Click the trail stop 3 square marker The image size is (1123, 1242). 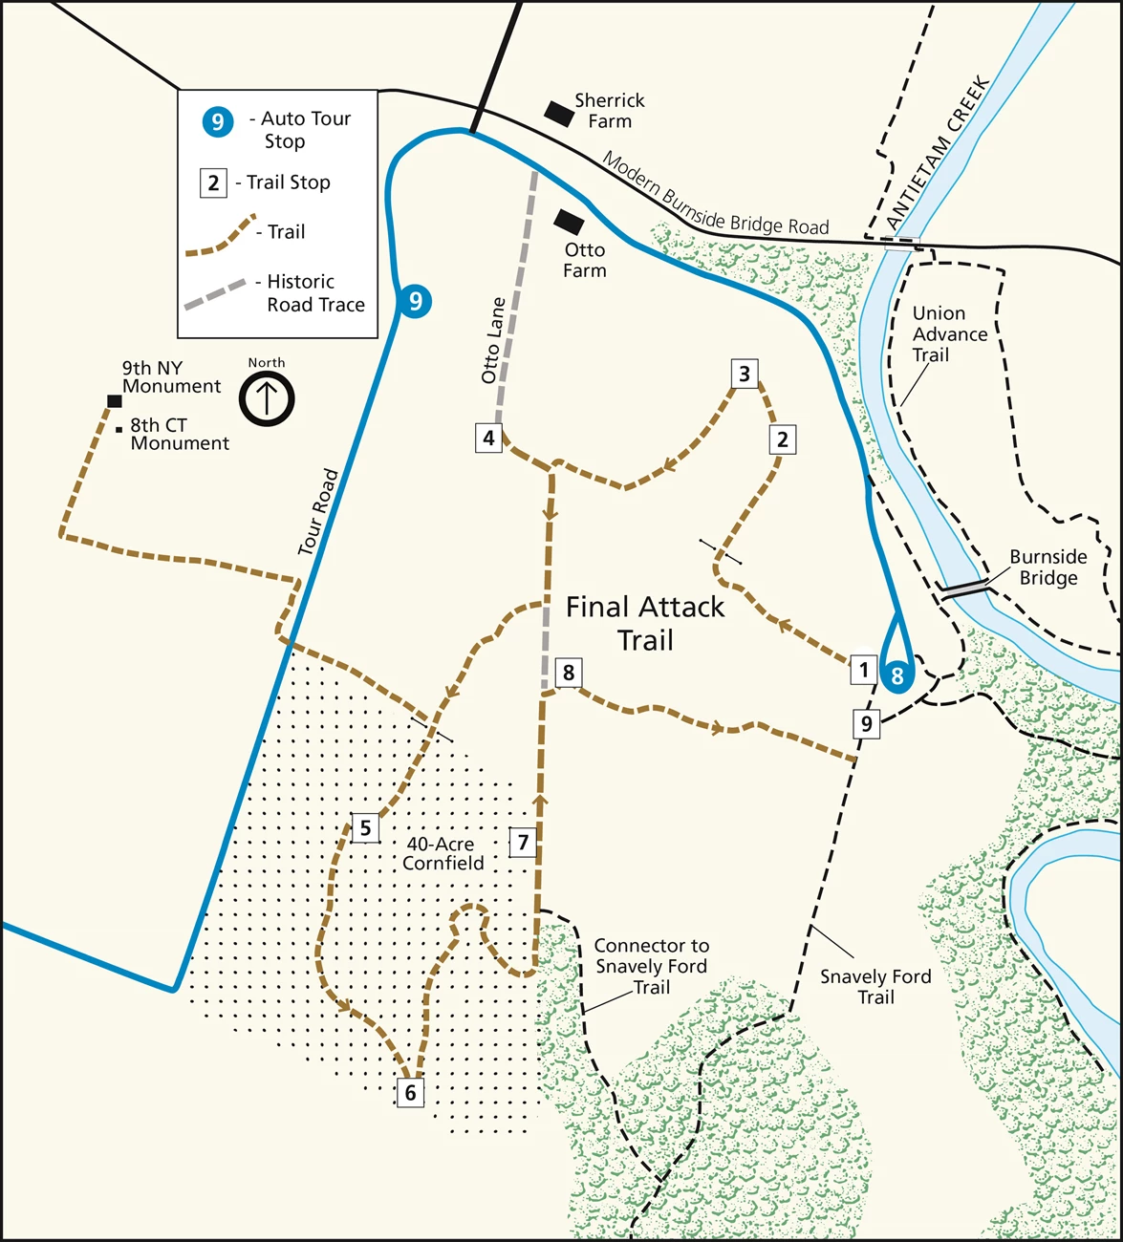pos(745,374)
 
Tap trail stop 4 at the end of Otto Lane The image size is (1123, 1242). pos(488,439)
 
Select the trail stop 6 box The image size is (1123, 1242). pos(410,1092)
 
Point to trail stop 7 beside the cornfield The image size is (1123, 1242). pos(523,843)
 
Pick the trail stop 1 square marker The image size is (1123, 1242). pos(863,670)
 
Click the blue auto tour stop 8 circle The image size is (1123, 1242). pos(896,675)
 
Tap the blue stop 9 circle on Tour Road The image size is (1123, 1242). pos(414,302)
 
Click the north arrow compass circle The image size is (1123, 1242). pos(267,398)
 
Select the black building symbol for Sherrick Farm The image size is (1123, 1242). pos(559,114)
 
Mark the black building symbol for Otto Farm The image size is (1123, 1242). pos(569,222)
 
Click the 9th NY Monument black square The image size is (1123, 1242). pos(115,401)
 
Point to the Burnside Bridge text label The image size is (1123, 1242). pos(1048,567)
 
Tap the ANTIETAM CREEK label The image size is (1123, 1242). pos(938,153)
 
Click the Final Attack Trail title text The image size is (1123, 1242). pos(645,623)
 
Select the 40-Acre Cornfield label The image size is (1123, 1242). pos(443,853)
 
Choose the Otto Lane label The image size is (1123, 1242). pos(492,341)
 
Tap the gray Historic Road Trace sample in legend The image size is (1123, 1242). pos(214,295)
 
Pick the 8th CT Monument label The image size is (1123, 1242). pos(179,434)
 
